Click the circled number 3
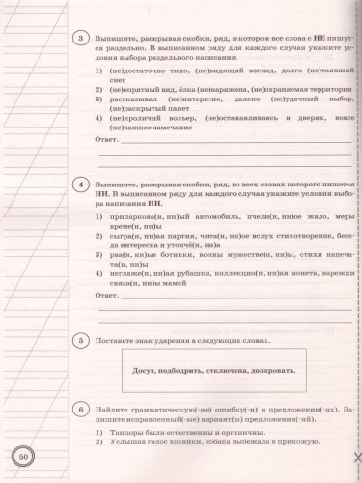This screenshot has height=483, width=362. [x=84, y=40]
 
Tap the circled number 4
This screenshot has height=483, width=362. [x=84, y=185]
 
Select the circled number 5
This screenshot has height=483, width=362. [x=84, y=340]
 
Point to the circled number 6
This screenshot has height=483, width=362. [x=84, y=412]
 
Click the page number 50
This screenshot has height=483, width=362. [x=23, y=458]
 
